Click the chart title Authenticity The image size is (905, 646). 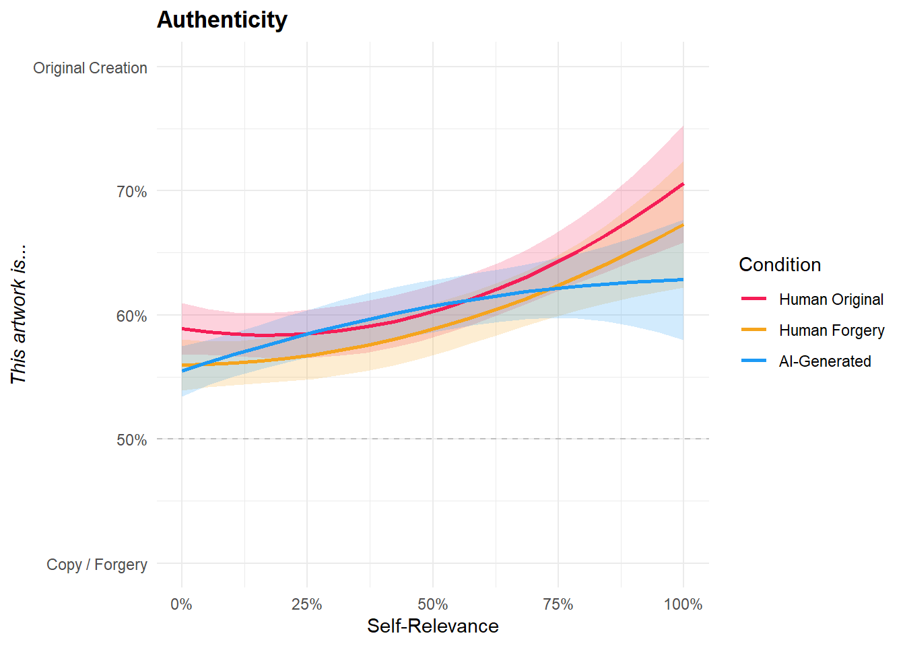point(222,20)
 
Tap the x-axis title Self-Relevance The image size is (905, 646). point(432,626)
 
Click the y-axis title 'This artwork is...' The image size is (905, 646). point(19,314)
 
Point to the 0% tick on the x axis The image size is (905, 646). point(181,604)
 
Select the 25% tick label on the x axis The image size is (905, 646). point(306,604)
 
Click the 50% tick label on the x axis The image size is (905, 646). point(432,604)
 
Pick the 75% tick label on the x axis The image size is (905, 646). point(558,604)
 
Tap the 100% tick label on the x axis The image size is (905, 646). point(683,604)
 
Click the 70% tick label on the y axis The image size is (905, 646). point(131,192)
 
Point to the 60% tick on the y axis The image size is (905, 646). point(131,316)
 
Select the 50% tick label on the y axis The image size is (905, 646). point(131,440)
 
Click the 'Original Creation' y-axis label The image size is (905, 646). point(90,68)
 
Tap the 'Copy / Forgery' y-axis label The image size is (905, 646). point(97,565)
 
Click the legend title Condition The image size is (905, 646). point(780,264)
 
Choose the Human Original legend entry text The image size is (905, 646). point(831,299)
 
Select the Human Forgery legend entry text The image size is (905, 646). point(832,330)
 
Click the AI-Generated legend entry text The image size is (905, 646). point(825,361)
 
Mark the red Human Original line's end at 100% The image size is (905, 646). point(683,184)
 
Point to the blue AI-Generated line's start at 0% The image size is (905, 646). point(182,371)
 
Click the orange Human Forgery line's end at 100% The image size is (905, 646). point(683,225)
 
